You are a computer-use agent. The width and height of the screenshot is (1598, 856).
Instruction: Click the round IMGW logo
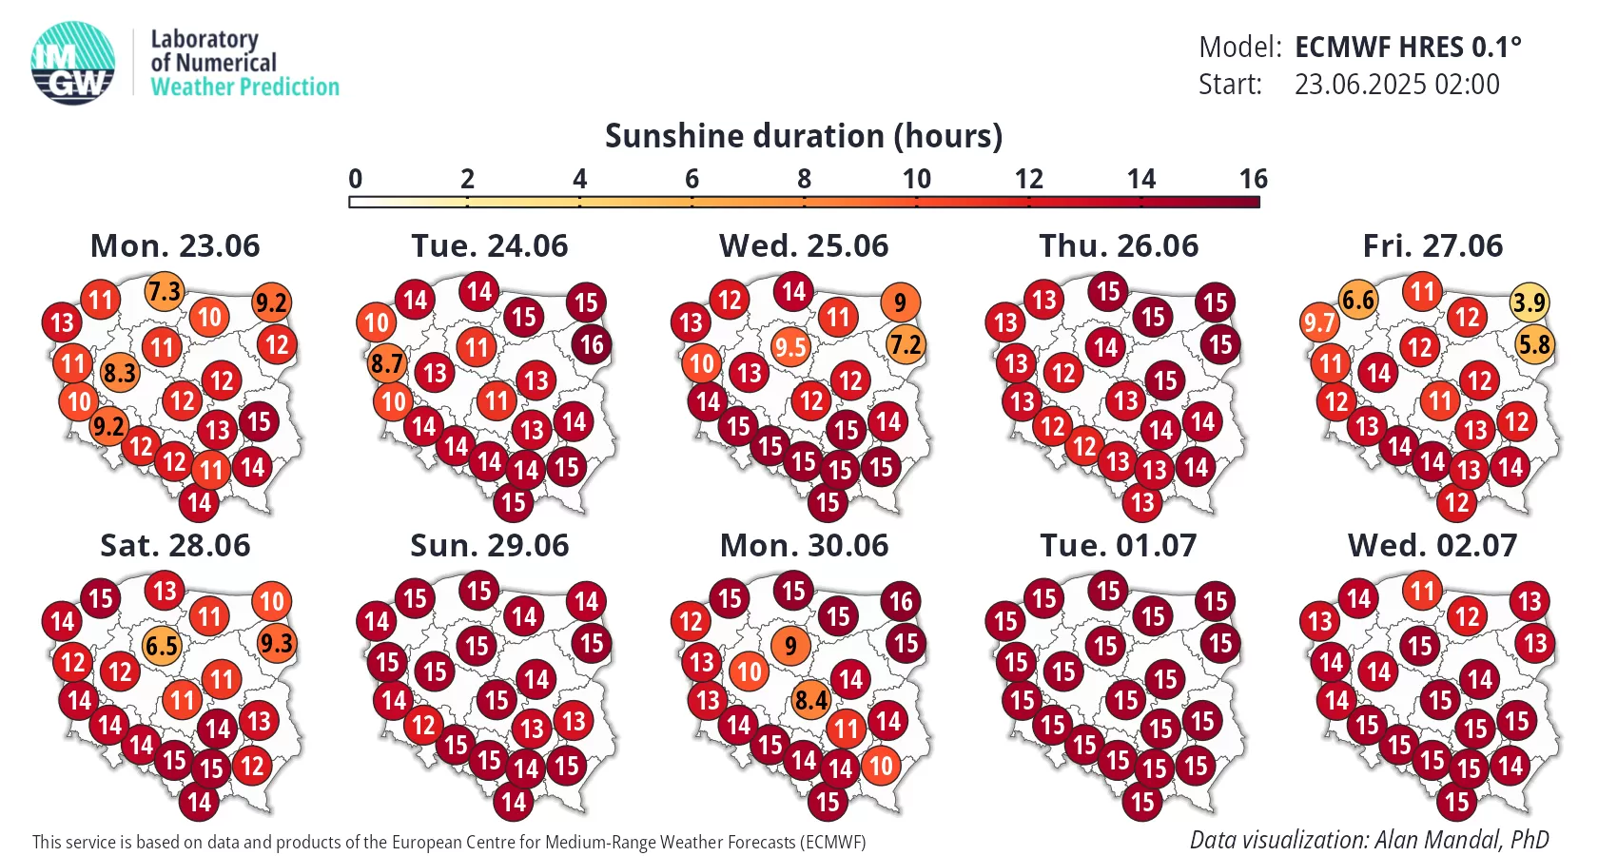pyautogui.click(x=72, y=63)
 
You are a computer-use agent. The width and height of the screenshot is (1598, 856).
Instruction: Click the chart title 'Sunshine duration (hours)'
pyautogui.click(x=804, y=136)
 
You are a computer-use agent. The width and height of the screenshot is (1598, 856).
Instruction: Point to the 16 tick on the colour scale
pyautogui.click(x=1254, y=179)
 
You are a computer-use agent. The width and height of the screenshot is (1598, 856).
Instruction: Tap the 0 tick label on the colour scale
pyautogui.click(x=356, y=179)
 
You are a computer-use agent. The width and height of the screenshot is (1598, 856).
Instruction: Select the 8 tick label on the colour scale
pyautogui.click(x=804, y=179)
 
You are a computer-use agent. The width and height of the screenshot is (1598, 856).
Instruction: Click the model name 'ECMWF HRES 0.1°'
pyautogui.click(x=1408, y=48)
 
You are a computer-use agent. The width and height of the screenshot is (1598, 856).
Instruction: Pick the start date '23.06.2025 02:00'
pyautogui.click(x=1396, y=84)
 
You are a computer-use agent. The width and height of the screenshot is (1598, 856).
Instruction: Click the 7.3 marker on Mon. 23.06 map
pyautogui.click(x=164, y=292)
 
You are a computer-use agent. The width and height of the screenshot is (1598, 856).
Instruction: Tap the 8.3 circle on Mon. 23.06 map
pyautogui.click(x=119, y=373)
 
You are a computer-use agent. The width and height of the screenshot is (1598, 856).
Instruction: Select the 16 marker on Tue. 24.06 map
pyautogui.click(x=592, y=345)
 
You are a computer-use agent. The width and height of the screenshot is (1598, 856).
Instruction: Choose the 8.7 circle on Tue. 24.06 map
pyautogui.click(x=386, y=363)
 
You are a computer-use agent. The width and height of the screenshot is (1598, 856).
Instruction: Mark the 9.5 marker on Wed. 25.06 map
pyautogui.click(x=790, y=347)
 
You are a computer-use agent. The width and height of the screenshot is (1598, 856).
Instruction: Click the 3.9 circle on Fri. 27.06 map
pyautogui.click(x=1530, y=303)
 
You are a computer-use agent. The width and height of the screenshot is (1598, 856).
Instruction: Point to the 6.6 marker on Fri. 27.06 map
pyautogui.click(x=1358, y=301)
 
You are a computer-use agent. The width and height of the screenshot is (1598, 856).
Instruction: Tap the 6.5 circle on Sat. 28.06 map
pyautogui.click(x=162, y=647)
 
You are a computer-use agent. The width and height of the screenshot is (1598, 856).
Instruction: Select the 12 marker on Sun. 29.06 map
pyautogui.click(x=424, y=726)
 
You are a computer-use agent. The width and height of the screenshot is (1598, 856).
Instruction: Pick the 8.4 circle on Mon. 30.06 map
pyautogui.click(x=811, y=700)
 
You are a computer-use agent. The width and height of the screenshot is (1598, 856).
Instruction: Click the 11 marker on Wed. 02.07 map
pyautogui.click(x=1423, y=592)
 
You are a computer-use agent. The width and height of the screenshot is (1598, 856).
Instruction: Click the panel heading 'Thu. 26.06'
pyautogui.click(x=1119, y=246)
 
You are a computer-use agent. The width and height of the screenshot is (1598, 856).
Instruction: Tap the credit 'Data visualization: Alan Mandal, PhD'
pyautogui.click(x=1370, y=840)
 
